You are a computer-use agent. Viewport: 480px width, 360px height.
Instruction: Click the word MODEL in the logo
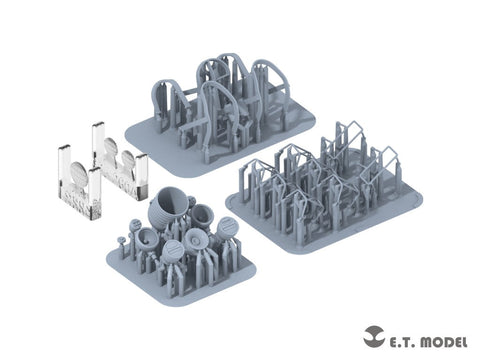pos(444,342)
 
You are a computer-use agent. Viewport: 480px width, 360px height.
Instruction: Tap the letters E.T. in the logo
pos(401,342)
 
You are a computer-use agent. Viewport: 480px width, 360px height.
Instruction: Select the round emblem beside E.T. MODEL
pos(374,337)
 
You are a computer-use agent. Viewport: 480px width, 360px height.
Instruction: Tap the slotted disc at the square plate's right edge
pos(227,228)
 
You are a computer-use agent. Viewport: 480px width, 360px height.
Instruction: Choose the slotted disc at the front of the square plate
pos(174,250)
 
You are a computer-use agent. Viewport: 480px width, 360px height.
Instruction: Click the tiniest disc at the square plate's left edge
pos(121,239)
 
